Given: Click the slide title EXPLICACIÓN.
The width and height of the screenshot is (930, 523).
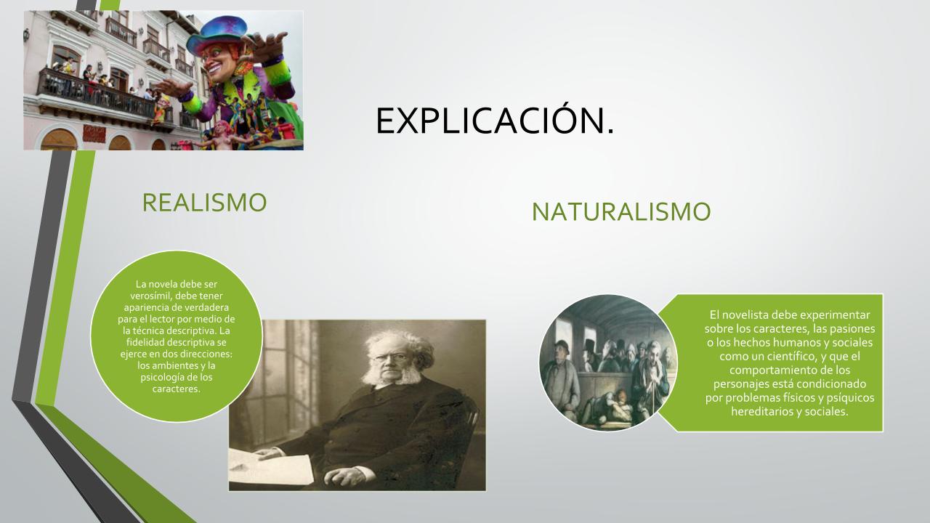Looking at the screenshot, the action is click(495, 121).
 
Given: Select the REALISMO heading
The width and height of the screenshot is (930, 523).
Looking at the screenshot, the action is click(204, 203).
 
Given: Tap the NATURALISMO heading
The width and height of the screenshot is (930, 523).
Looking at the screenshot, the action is click(621, 211).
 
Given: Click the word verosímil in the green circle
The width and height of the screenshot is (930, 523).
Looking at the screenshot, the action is click(150, 296).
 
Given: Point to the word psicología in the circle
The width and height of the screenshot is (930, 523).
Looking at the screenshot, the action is click(160, 378).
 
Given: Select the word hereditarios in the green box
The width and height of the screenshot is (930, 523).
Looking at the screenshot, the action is click(757, 412).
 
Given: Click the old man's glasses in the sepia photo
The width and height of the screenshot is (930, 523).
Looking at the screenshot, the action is click(390, 357).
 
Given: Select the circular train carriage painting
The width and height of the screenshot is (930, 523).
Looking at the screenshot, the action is click(608, 362).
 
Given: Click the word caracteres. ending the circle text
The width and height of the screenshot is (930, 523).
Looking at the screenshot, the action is click(177, 389).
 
